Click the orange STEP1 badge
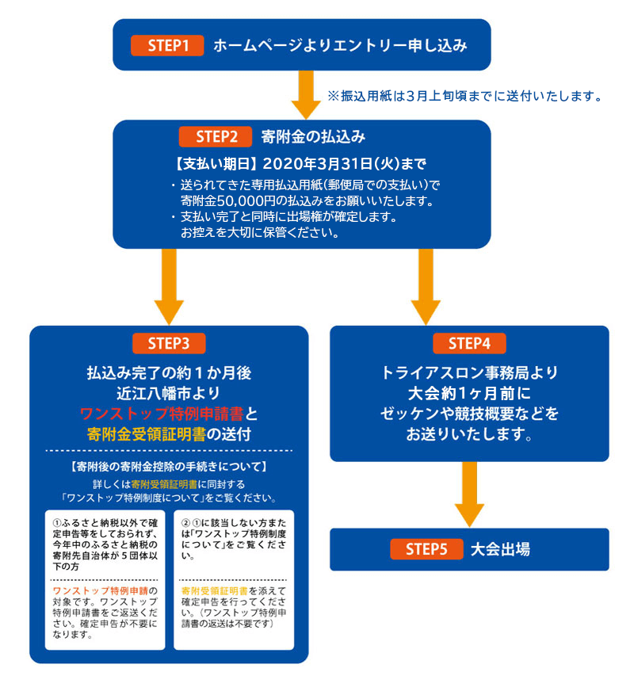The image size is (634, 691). tap(167, 45)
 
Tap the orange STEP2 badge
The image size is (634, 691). tap(215, 136)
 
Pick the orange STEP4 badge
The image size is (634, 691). tap(469, 343)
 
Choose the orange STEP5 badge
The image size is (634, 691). tap(426, 549)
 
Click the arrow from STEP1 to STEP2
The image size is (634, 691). tap(306, 95)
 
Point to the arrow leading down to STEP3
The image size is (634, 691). tap(169, 287)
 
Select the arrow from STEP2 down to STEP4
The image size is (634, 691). tap(426, 287)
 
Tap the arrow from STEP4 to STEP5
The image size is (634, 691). tap(469, 494)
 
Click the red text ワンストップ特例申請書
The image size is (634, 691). tap(162, 414)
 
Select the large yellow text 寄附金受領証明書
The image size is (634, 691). tap(147, 434)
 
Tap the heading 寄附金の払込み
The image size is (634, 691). tap(313, 136)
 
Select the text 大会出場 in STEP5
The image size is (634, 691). tap(501, 549)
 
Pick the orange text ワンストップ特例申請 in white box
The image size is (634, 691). tap(101, 591)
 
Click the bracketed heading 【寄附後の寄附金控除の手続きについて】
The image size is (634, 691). tap(169, 467)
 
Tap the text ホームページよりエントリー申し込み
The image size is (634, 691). tap(340, 45)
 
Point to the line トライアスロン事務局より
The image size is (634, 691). tap(469, 372)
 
